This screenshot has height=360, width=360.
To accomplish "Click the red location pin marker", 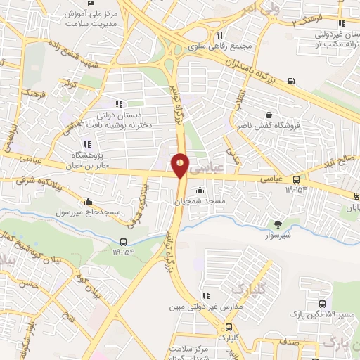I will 181,165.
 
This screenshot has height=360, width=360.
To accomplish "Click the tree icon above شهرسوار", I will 279,224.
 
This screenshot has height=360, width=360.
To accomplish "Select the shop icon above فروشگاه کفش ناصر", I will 269,115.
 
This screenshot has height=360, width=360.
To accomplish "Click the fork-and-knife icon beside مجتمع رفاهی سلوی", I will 219,35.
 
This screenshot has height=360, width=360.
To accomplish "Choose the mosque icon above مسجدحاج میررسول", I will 87,201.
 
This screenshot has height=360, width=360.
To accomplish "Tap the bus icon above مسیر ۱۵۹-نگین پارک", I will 321,304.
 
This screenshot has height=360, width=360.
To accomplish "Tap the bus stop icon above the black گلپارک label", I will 229,327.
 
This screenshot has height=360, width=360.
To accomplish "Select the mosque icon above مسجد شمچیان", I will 200,189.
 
